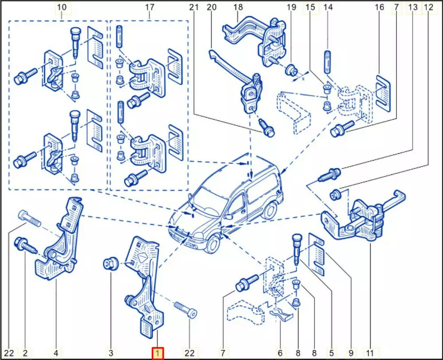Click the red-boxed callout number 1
pyautogui.click(x=158, y=353)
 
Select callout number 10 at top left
pyautogui.click(x=62, y=7)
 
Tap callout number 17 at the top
pyautogui.click(x=150, y=7)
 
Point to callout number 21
pyautogui.click(x=194, y=7)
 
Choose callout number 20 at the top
pyautogui.click(x=211, y=7)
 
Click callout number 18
pyautogui.click(x=238, y=7)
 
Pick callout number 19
pyautogui.click(x=291, y=7)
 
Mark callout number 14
pyautogui.click(x=328, y=7)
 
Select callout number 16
pyautogui.click(x=379, y=7)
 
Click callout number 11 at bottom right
pyautogui.click(x=370, y=353)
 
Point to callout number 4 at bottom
pyautogui.click(x=56, y=353)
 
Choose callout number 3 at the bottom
pyautogui.click(x=111, y=353)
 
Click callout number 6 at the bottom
pyautogui.click(x=280, y=353)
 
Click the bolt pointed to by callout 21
pyautogui.click(x=268, y=129)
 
